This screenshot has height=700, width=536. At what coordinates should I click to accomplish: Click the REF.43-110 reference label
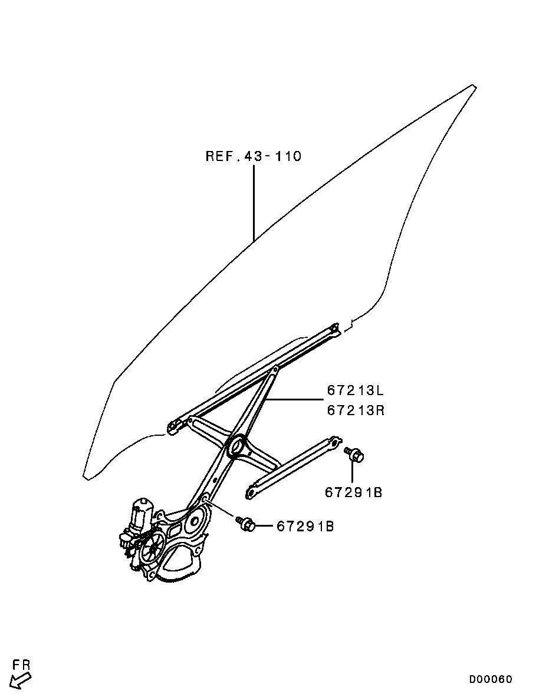253,156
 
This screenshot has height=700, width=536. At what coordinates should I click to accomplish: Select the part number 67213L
356,390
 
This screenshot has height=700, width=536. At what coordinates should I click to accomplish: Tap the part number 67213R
356,410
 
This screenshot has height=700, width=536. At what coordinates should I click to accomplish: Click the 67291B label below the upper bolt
353,492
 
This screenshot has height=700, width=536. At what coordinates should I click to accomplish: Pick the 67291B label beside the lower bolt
305,526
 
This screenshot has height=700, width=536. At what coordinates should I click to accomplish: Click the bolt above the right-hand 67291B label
354,455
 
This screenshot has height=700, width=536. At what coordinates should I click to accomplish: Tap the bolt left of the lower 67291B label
245,523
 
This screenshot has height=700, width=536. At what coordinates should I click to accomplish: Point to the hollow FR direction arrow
21,681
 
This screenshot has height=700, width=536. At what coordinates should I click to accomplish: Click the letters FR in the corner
22,665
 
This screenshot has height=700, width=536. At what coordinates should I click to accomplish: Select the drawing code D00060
491,679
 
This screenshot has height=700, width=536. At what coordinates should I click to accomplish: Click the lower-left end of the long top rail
173,425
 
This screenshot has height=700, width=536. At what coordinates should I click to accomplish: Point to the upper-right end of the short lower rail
334,442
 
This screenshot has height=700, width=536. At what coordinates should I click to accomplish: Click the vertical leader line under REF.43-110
254,203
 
